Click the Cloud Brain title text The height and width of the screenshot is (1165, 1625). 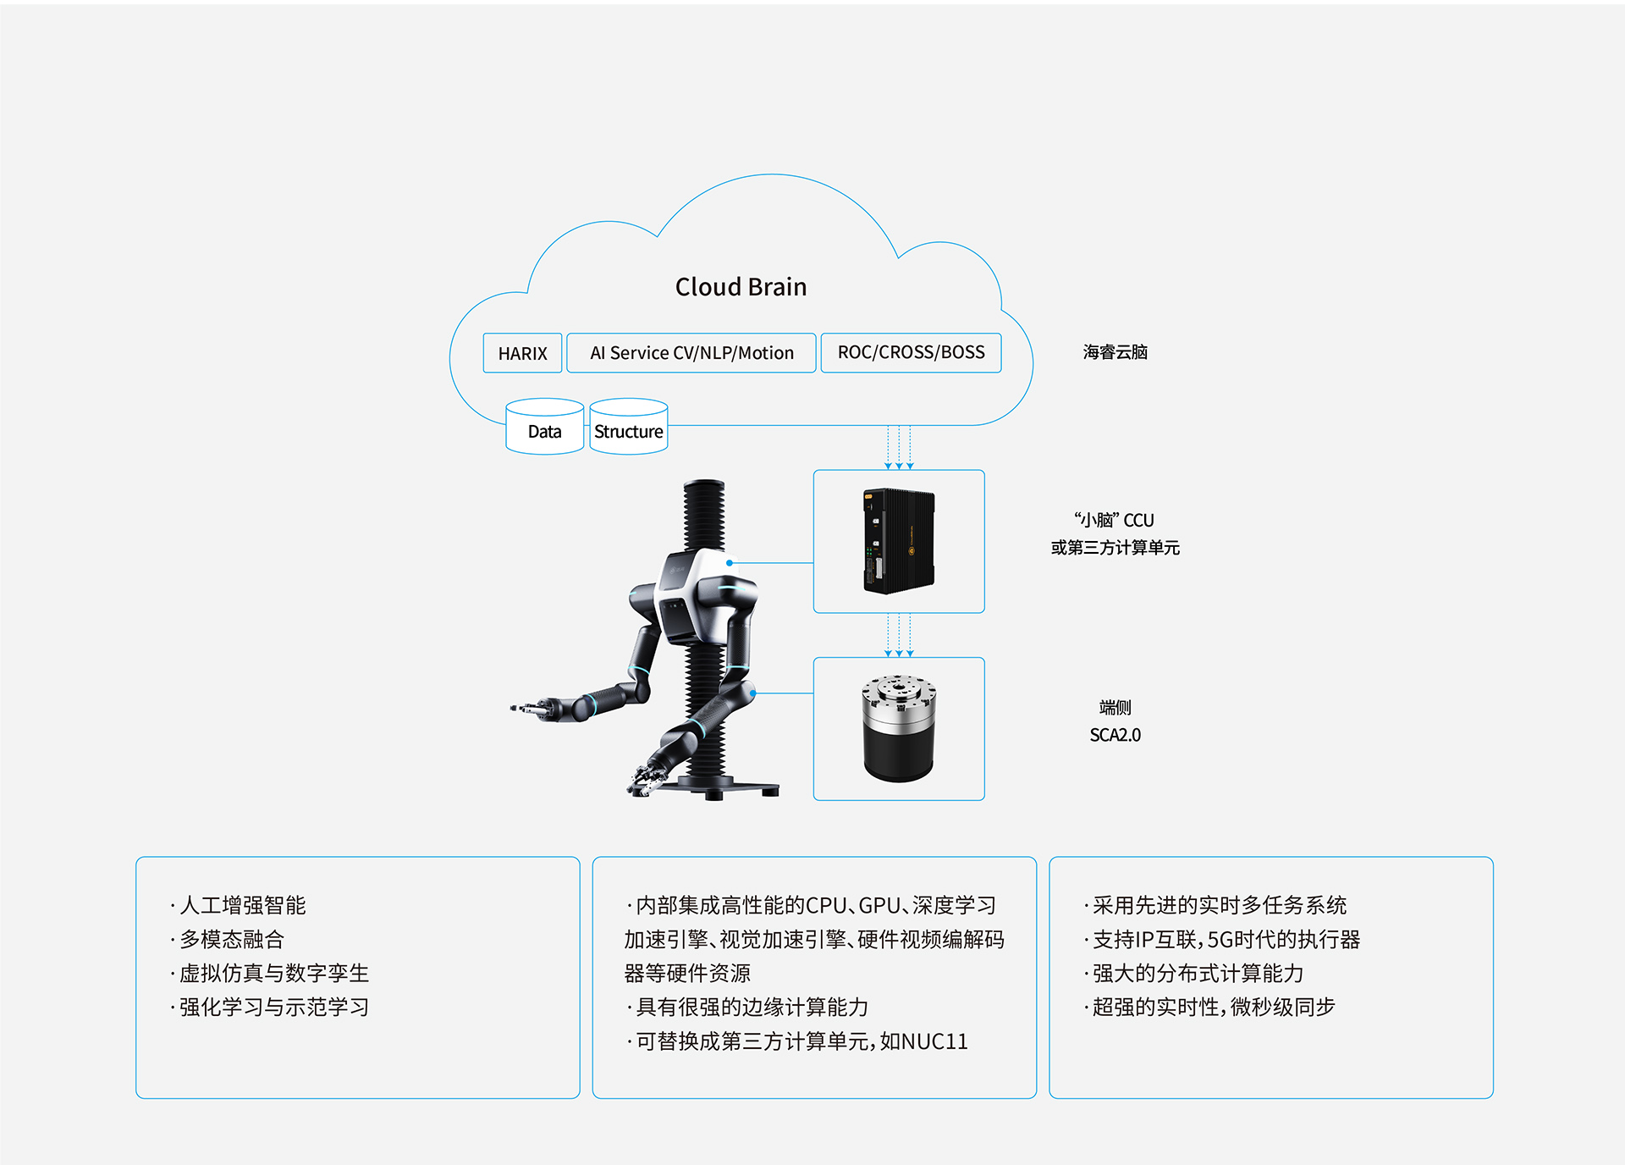click(741, 287)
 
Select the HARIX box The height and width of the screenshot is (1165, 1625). click(522, 353)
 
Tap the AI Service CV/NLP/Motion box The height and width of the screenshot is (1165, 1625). click(691, 353)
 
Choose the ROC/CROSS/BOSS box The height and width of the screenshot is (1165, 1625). click(911, 352)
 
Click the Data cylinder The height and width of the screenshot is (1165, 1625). click(544, 428)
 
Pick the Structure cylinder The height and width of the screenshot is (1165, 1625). click(628, 428)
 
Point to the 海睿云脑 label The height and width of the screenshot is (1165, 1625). click(1115, 352)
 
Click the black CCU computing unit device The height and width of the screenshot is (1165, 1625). click(898, 541)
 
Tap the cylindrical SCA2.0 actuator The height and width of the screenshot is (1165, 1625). click(898, 728)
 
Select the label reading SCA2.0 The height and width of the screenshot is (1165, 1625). click(1115, 735)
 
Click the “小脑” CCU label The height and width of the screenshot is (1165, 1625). click(1114, 521)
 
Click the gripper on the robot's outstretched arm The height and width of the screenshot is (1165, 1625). click(533, 708)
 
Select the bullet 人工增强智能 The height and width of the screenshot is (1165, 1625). click(242, 905)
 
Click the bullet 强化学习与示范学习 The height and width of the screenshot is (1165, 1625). click(273, 1007)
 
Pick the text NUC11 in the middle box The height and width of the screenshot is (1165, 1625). click(934, 1041)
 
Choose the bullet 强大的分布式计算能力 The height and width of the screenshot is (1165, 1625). click(1197, 973)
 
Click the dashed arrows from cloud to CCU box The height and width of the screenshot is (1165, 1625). click(899, 447)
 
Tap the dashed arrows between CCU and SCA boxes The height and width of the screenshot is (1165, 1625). click(899, 635)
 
